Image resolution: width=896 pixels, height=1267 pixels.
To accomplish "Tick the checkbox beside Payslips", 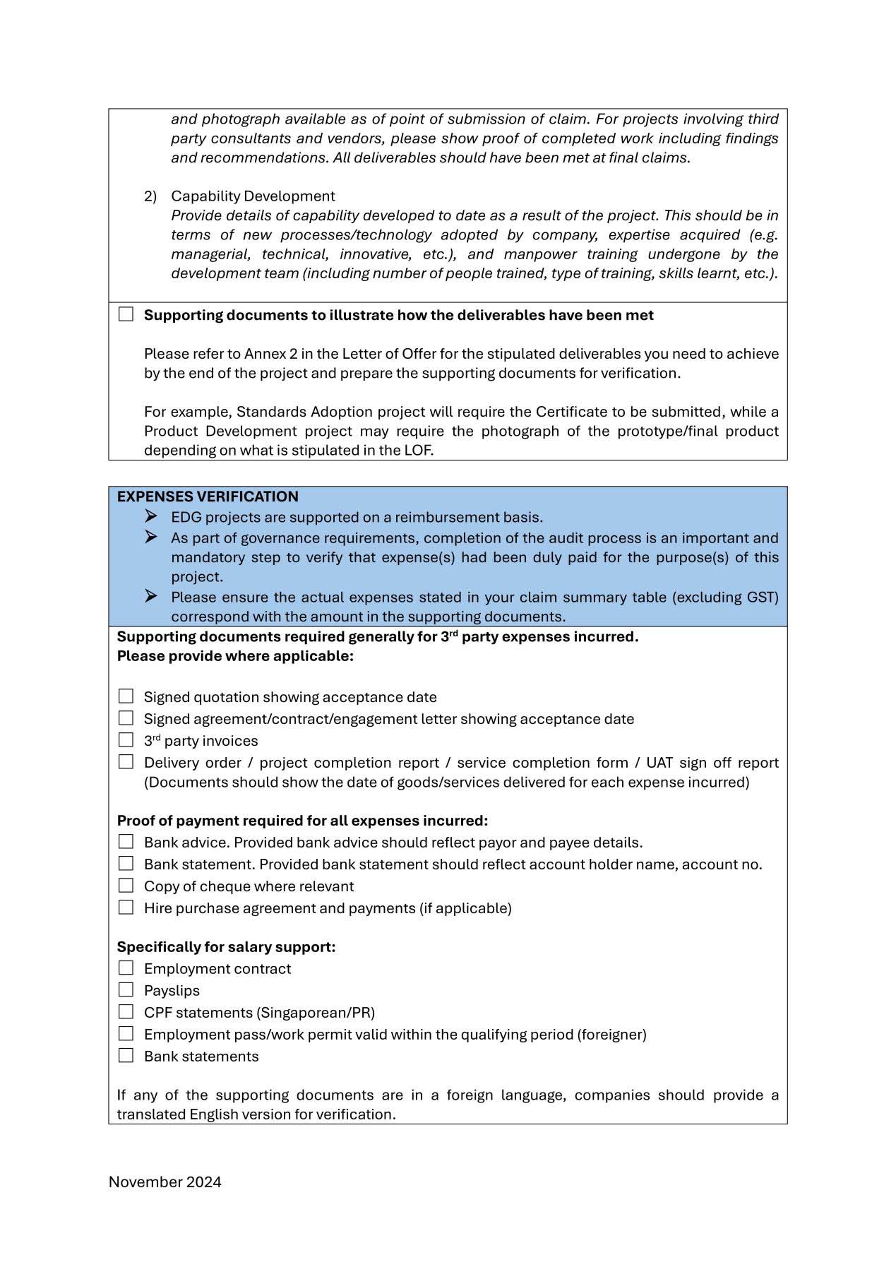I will (126, 989).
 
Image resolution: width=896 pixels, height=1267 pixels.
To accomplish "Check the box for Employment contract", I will (126, 968).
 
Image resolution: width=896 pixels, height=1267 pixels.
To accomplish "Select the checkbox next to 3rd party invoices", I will (126, 739).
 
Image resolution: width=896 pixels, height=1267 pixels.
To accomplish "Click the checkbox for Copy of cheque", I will (126, 885).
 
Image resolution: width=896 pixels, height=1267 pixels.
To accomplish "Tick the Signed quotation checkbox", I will (126, 696).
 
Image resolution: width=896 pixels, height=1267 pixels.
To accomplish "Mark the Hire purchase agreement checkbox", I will (126, 907).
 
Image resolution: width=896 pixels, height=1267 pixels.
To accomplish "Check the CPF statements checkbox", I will (126, 1011).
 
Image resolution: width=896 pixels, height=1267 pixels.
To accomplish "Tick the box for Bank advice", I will (126, 841).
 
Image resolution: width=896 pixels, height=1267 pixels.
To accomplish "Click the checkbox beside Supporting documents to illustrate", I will (126, 314).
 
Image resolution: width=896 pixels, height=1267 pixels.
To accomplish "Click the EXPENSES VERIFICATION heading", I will (208, 496).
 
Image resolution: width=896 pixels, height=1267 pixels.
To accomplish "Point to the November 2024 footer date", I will (165, 1182).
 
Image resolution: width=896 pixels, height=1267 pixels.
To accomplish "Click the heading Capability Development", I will (253, 196).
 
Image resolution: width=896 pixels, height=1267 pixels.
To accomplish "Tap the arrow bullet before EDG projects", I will (151, 516).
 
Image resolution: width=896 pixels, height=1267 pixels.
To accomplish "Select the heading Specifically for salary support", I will (226, 946).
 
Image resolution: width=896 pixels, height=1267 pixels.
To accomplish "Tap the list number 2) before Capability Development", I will (150, 196).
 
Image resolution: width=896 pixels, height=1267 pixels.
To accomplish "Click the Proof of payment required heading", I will (302, 821).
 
